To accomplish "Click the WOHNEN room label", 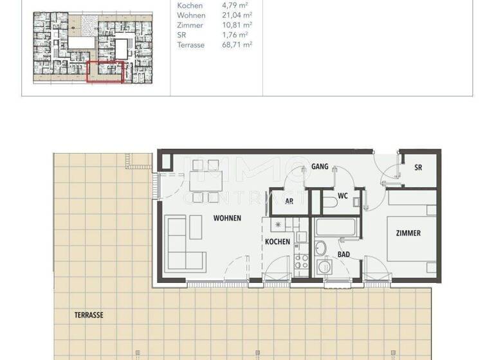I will pos(227,219).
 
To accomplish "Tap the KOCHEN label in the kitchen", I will pos(277,242).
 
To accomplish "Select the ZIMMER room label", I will pos(408,233).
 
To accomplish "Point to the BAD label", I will pos(344,255).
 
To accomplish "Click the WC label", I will pos(343,195).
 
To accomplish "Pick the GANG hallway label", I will pos(320,167).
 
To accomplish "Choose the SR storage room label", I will pos(418,168).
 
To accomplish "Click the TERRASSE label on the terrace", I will pos(88,315).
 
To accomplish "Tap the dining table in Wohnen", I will pos(205,181).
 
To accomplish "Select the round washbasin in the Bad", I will pos(320,248).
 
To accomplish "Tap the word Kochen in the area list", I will pos(190,5).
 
